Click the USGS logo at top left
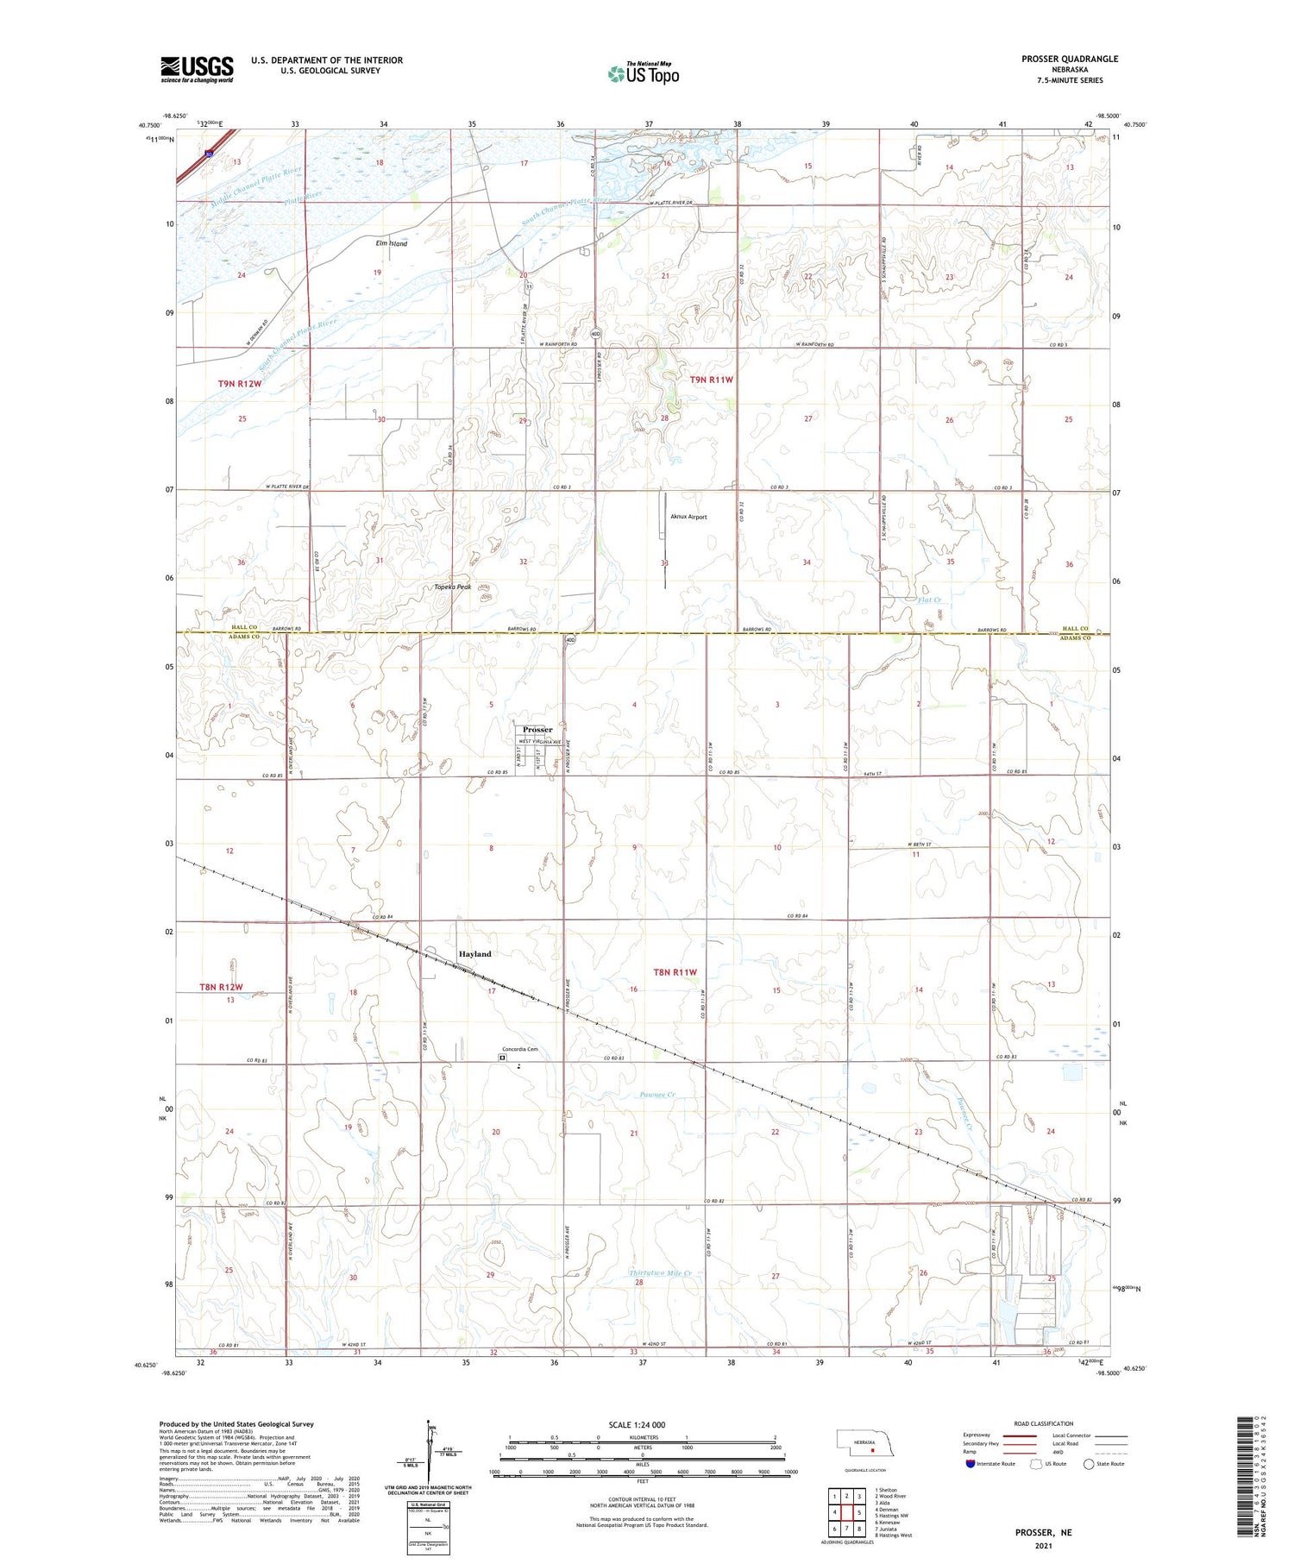[x=197, y=69]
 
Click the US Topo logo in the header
[x=643, y=74]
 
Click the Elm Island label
[x=391, y=244]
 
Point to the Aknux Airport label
[x=688, y=517]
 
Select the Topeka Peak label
[x=453, y=587]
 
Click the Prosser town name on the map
[x=537, y=730]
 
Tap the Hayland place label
[x=474, y=954]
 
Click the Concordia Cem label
[x=520, y=1049]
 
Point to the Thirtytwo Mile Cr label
[x=660, y=1273]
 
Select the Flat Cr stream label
[x=929, y=600]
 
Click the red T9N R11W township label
[x=711, y=380]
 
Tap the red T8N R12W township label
[x=222, y=987]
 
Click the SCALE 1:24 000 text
[x=638, y=1424]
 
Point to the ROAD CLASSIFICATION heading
[x=1044, y=1423]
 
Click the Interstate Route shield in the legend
[x=970, y=1464]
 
